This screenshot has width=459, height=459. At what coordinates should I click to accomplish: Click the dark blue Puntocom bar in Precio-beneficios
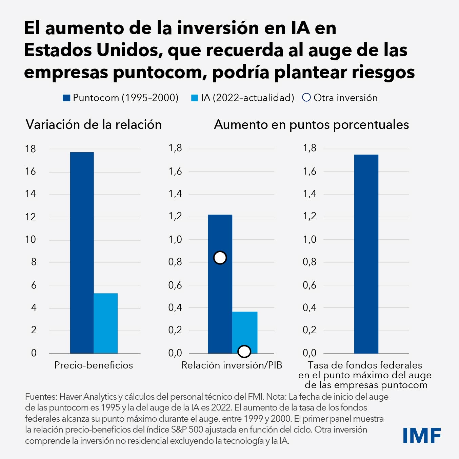(82, 253)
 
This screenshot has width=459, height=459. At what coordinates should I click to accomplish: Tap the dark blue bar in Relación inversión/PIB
(220, 305)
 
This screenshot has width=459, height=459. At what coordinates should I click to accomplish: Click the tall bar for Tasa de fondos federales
(366, 254)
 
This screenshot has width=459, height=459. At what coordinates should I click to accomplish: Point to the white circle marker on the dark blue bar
(220, 258)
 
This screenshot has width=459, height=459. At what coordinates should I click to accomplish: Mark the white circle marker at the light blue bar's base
(244, 352)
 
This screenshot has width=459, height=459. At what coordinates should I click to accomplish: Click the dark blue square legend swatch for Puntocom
(66, 98)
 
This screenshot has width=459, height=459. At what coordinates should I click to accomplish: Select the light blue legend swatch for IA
(195, 98)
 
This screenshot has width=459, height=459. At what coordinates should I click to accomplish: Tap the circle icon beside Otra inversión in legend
(306, 98)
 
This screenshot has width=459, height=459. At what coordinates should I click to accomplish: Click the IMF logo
(422, 435)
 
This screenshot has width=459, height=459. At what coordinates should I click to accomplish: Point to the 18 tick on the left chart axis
(31, 149)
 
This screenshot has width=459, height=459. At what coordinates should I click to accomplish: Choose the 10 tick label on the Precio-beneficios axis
(31, 239)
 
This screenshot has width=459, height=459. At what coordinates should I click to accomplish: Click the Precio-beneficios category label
(94, 365)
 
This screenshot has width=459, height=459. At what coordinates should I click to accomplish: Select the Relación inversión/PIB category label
(232, 365)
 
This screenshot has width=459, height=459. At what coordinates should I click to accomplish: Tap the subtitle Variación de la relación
(94, 125)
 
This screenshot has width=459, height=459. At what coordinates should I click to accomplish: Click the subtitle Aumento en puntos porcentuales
(311, 125)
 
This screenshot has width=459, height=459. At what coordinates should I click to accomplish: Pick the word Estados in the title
(58, 50)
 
